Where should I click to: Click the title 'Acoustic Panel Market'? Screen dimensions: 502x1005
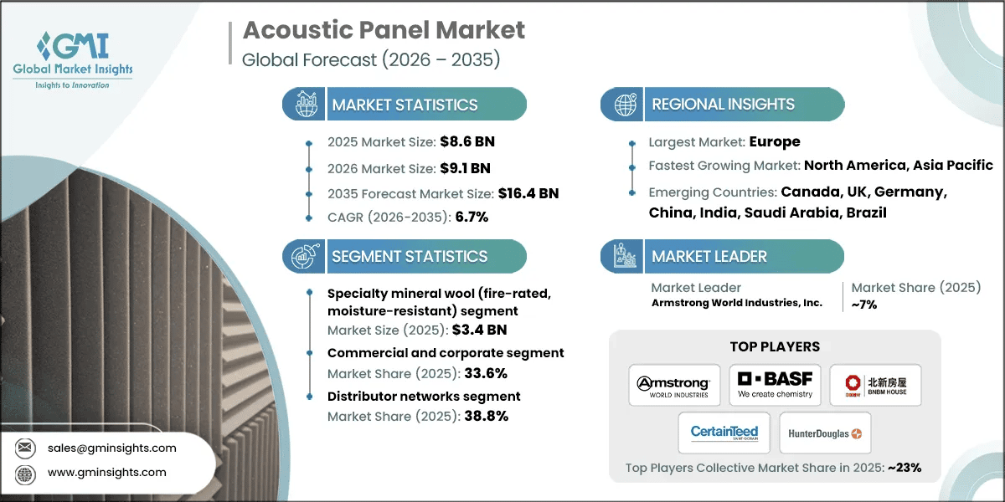click(384, 31)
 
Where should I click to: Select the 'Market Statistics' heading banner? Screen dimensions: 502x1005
click(405, 105)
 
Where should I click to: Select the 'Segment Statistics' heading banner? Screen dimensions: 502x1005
click(409, 257)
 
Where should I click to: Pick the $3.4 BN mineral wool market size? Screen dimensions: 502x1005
click(478, 330)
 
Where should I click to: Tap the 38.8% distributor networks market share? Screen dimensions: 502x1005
click(478, 416)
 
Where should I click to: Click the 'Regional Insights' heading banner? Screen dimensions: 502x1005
click(723, 105)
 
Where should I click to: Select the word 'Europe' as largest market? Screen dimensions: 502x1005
click(774, 141)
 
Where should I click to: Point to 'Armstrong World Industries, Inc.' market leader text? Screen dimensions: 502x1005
click(736, 303)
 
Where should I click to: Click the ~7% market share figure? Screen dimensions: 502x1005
click(863, 305)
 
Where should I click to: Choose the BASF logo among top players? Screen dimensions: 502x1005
click(775, 386)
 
